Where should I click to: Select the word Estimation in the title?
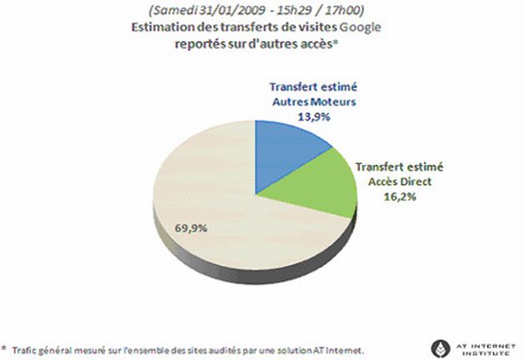[x=162, y=27]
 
